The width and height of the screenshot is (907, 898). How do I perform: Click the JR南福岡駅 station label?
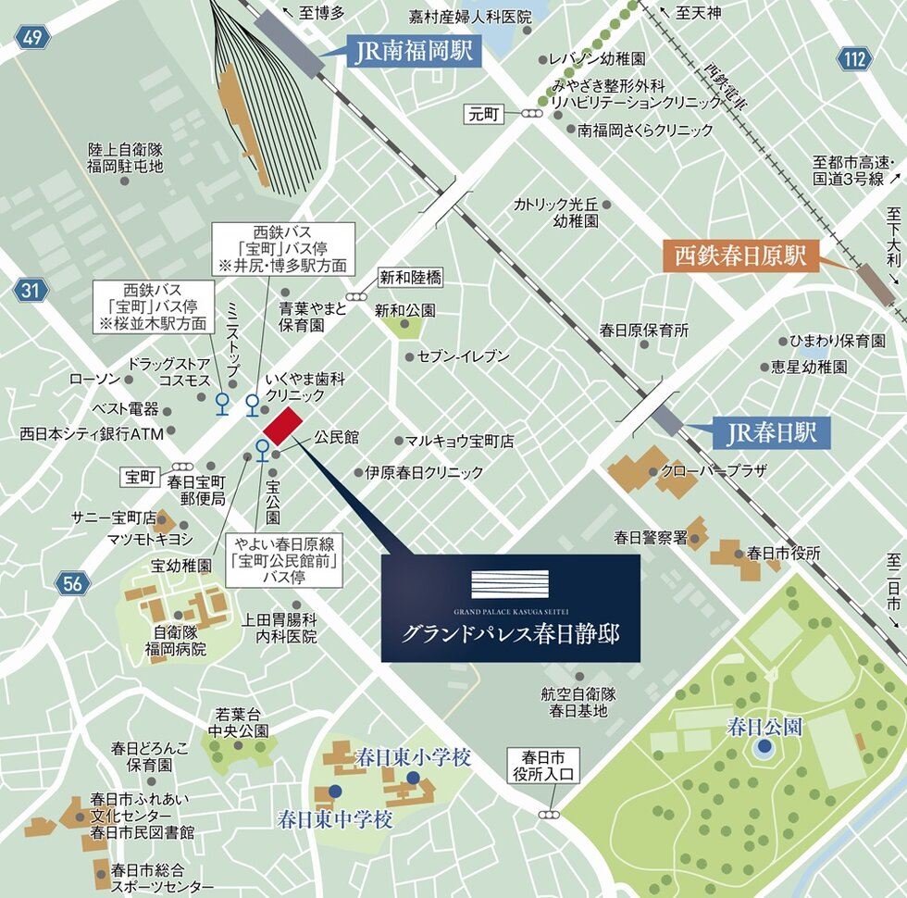coord(414,52)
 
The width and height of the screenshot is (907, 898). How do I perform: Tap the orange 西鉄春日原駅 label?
coord(739,256)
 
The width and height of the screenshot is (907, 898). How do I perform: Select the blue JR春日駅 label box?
coord(770,431)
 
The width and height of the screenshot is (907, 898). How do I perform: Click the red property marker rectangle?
coord(283,427)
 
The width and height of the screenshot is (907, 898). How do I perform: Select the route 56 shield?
coord(70,583)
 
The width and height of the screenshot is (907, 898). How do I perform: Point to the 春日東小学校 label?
coord(414,758)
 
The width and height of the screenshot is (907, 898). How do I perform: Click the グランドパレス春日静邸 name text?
coord(510,634)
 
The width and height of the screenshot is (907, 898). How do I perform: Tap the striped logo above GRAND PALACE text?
coord(510,584)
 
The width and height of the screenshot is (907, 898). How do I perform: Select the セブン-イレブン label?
coord(463,355)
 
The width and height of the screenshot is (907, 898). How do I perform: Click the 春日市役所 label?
coord(784,553)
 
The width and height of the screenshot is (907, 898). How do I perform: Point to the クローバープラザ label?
coord(714,470)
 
